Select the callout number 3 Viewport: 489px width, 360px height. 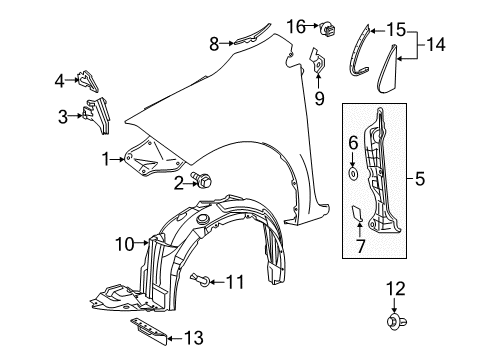(x=65, y=117)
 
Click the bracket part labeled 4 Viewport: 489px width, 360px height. (x=88, y=78)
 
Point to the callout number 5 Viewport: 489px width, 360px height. (x=419, y=181)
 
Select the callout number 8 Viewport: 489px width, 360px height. (x=213, y=43)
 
